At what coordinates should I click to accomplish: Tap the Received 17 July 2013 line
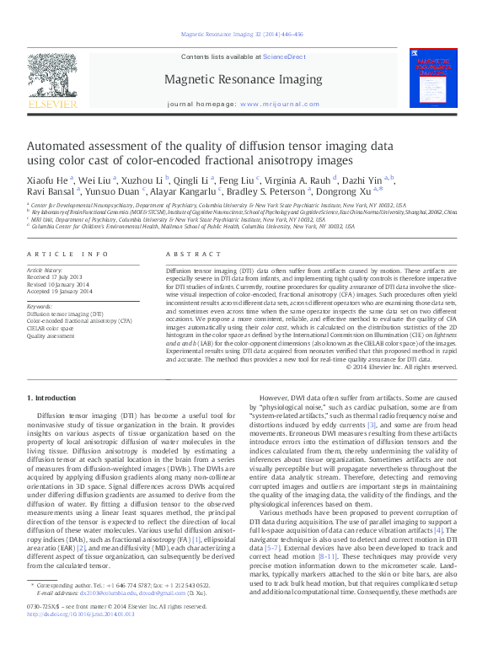(x=55, y=276)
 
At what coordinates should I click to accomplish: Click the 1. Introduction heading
(x=55, y=397)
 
